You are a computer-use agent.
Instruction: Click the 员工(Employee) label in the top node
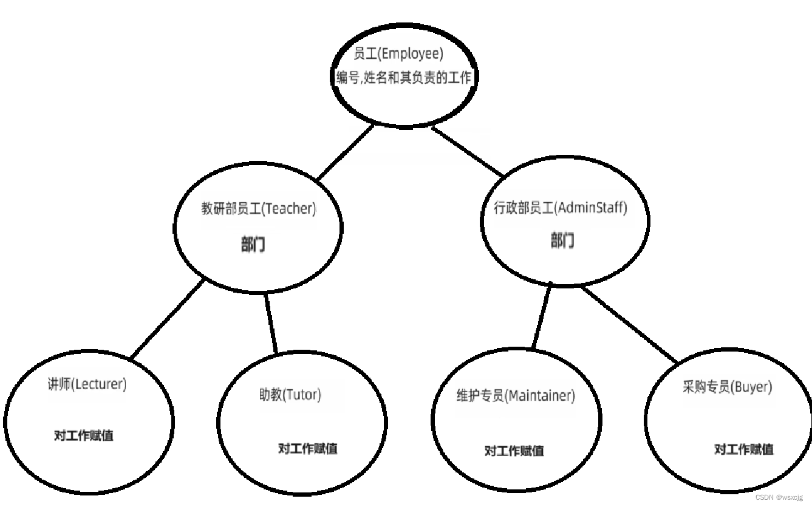(x=398, y=54)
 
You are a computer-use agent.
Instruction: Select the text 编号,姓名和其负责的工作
(x=404, y=78)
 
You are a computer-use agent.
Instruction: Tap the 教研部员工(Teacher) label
(x=259, y=209)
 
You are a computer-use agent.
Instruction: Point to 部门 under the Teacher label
(x=253, y=245)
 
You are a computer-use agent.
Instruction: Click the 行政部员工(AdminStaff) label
(x=561, y=208)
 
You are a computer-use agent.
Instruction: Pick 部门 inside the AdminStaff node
(x=562, y=240)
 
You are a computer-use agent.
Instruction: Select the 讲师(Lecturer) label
(x=87, y=384)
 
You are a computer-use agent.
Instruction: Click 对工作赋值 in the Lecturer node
(x=83, y=435)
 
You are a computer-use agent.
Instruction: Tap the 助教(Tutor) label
(x=290, y=395)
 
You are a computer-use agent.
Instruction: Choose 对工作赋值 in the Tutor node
(x=308, y=449)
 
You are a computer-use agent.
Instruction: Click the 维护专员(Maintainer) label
(x=515, y=396)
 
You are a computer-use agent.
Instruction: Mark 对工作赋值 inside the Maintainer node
(x=514, y=451)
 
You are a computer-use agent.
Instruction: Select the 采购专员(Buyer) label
(x=727, y=387)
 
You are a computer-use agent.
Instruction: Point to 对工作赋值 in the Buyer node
(x=743, y=449)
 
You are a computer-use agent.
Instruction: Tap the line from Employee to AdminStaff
(x=468, y=151)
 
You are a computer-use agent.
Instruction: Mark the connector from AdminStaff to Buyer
(x=630, y=324)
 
